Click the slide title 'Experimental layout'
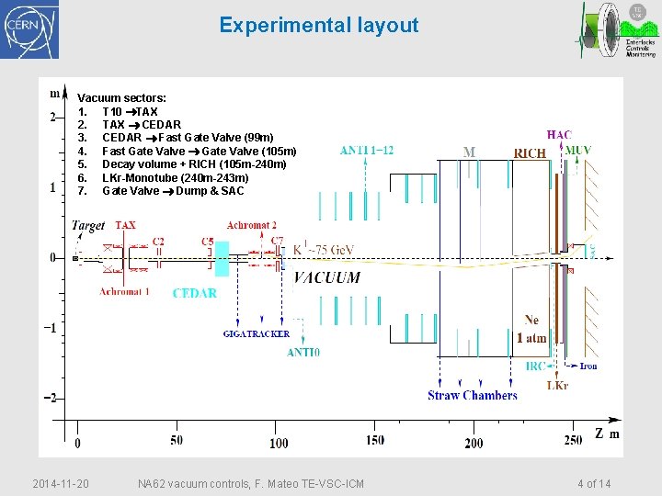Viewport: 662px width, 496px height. pos(318,26)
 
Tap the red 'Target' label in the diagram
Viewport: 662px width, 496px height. pos(88,225)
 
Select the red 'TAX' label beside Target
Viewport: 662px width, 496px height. pos(126,225)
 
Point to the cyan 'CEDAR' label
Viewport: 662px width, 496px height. pos(195,293)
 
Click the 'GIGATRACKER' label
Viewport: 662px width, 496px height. pos(257,334)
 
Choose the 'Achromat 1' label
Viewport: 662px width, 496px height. pos(125,292)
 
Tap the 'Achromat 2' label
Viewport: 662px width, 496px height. pos(252,225)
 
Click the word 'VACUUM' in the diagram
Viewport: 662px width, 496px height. pos(327,277)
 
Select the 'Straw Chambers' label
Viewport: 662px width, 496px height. pos(473,396)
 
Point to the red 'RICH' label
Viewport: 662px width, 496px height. pos(530,154)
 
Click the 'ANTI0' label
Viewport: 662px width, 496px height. pos(303,352)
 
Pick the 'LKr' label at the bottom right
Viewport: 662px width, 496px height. pos(557,386)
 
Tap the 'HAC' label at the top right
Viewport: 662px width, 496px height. pos(559,135)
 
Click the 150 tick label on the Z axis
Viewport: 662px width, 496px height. pos(374,440)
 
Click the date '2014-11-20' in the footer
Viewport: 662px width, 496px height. pos(61,483)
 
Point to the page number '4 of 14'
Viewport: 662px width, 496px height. pos(594,483)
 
